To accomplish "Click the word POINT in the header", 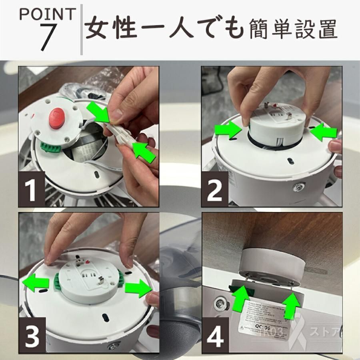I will click(x=47, y=15).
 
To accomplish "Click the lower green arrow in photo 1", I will click(x=144, y=151).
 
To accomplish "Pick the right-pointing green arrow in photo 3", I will click(x=138, y=288).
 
